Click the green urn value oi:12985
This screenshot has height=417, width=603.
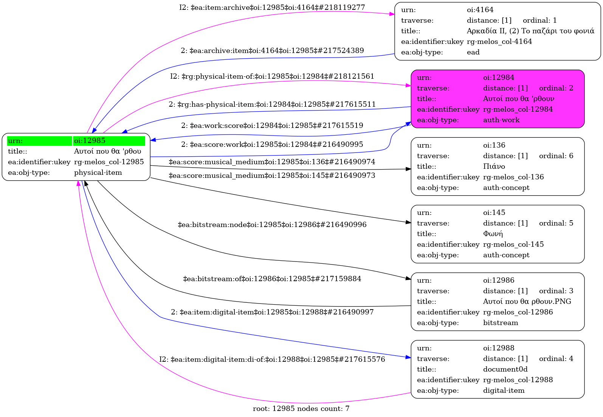(x=90, y=141)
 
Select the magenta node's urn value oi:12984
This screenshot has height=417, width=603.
(x=499, y=78)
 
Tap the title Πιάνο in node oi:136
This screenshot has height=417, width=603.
(x=494, y=166)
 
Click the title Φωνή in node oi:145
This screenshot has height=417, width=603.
(x=493, y=234)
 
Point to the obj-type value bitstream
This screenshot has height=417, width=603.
(x=501, y=323)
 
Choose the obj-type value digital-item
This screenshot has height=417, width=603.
(x=504, y=391)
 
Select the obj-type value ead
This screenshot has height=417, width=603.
(x=473, y=52)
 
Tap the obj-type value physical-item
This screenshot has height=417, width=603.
(x=98, y=173)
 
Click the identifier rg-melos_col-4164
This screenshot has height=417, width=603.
(x=499, y=42)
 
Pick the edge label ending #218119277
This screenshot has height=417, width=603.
(x=272, y=8)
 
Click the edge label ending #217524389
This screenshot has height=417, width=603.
(x=272, y=51)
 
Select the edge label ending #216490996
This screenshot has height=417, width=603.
(x=272, y=225)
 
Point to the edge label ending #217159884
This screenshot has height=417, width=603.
(x=272, y=279)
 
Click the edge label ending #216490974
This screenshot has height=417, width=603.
(x=272, y=162)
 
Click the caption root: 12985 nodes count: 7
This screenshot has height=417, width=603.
(x=301, y=409)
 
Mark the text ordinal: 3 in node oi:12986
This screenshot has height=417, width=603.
(x=556, y=291)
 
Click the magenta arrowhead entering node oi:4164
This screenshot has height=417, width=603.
(x=392, y=14)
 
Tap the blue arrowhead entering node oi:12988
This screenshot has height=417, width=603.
(x=408, y=357)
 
